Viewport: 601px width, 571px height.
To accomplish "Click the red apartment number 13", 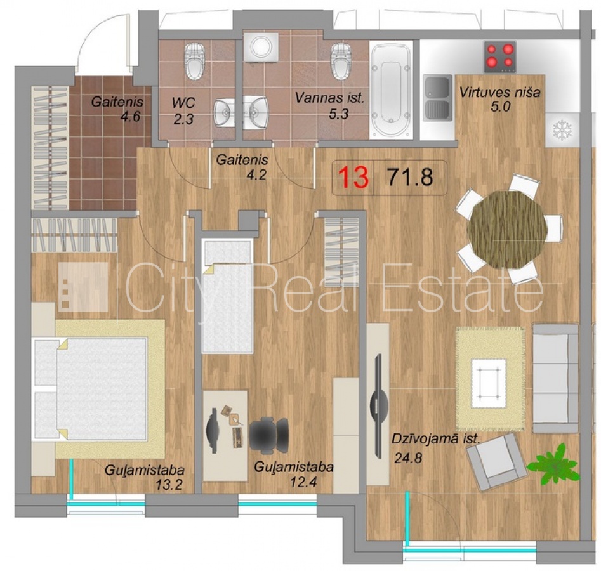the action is point(353,178).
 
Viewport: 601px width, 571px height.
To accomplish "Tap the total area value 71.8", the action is point(410,177).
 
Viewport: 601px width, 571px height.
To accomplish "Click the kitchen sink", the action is point(437,98).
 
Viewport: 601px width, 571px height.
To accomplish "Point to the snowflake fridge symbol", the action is point(562,130).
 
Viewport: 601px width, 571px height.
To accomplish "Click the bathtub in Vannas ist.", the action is point(391,90).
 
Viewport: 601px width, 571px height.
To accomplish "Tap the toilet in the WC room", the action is point(195,61).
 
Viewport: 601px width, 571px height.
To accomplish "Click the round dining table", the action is point(508,229).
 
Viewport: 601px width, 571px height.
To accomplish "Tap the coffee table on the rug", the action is point(489,378).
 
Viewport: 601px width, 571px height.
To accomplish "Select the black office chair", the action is point(268,433).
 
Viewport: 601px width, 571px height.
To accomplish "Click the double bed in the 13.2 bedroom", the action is point(91,388).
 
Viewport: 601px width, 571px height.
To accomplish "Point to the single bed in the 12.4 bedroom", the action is point(228,296).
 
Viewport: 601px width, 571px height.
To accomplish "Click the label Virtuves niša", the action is point(500,93).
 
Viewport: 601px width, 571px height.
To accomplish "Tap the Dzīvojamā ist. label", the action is point(435,439).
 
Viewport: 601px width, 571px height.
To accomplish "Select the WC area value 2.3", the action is point(183,119).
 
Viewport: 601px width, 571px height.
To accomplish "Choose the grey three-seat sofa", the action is point(555,379).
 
